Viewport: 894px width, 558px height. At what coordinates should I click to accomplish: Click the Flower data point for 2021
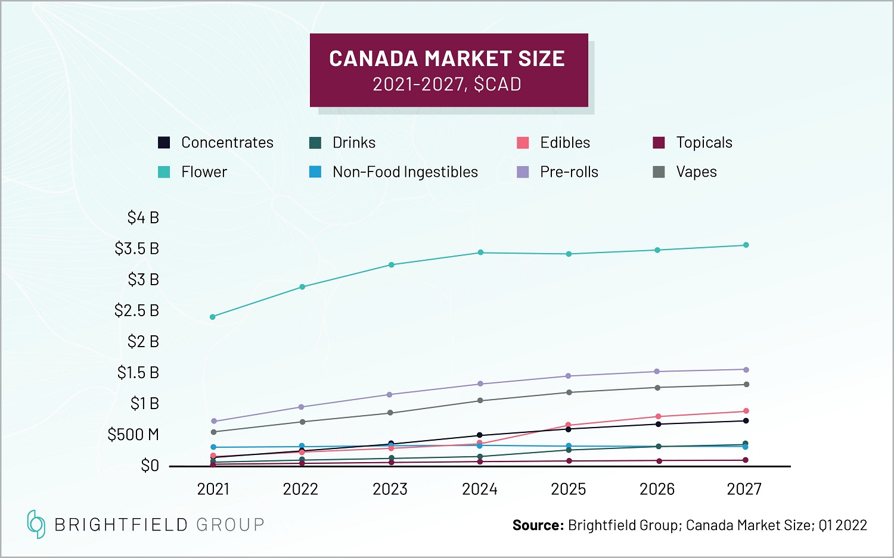point(213,317)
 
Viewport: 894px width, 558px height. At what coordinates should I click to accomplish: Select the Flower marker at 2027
point(746,245)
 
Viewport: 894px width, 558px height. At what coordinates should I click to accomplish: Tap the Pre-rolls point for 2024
point(480,384)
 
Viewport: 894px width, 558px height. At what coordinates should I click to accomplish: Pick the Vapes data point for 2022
point(302,422)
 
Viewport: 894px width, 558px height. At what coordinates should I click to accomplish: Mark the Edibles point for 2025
point(569,425)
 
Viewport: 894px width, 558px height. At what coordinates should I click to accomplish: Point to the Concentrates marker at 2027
point(746,421)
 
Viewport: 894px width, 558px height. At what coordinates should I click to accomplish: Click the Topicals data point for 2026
point(659,461)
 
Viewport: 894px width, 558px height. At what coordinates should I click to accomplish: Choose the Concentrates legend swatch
point(164,143)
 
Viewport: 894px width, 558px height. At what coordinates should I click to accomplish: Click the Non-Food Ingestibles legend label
point(405,172)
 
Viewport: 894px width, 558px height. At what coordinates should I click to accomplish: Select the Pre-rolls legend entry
point(569,172)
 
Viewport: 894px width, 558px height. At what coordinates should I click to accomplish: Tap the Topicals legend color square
point(659,143)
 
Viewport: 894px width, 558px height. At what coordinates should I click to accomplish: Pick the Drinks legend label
point(354,143)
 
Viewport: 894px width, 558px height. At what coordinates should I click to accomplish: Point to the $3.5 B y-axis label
point(137,248)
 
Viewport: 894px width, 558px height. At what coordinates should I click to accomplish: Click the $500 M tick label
point(134,435)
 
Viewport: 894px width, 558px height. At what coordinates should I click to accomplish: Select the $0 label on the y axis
point(150,466)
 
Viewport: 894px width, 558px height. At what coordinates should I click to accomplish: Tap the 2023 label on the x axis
point(390,490)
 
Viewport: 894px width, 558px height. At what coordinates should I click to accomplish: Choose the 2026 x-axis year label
point(657,490)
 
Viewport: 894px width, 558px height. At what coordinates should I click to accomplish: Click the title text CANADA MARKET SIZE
point(447,58)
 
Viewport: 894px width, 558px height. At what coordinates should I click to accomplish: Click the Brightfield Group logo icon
point(36,524)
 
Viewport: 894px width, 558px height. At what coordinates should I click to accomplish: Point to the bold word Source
point(538,525)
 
